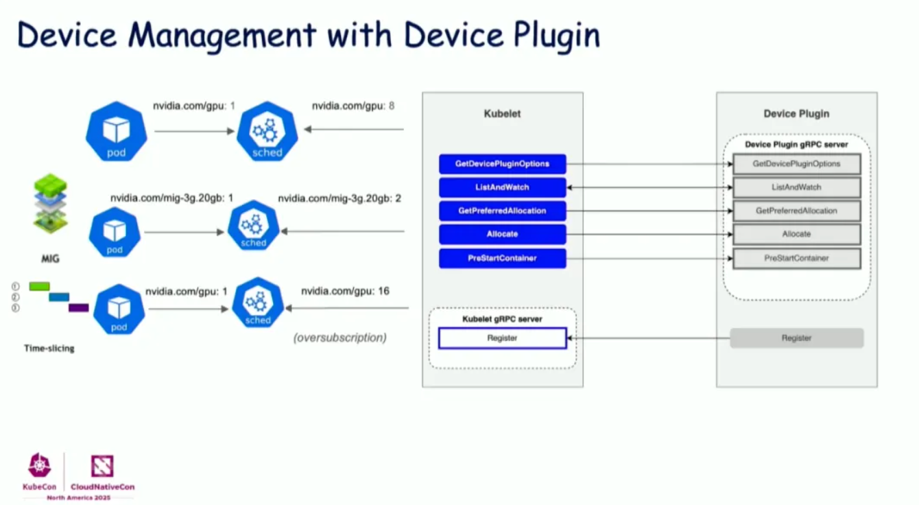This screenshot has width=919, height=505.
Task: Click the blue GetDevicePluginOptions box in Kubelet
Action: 502,164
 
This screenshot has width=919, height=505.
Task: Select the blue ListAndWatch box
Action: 502,187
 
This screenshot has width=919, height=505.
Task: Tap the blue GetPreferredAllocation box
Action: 502,211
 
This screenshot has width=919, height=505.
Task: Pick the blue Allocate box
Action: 502,234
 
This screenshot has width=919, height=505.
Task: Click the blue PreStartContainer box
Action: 502,258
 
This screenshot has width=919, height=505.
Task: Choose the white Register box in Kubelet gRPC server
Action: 502,338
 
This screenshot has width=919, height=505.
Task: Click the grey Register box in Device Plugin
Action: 796,338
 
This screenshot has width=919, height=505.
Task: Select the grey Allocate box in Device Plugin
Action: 796,234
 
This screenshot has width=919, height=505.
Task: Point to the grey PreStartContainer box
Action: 796,258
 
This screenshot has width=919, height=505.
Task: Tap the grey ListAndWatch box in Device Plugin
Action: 796,187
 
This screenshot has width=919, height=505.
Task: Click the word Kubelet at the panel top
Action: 502,114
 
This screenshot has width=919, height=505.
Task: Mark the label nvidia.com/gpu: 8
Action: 353,106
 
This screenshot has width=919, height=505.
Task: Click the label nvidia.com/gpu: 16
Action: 345,292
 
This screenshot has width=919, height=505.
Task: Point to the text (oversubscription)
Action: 339,338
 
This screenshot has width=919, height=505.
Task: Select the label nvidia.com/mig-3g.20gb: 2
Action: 339,198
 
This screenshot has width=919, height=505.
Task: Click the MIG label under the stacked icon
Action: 50,259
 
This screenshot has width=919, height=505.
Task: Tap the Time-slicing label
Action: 49,349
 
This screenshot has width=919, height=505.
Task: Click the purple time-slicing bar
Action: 78,307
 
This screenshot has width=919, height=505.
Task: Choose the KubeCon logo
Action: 39,471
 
